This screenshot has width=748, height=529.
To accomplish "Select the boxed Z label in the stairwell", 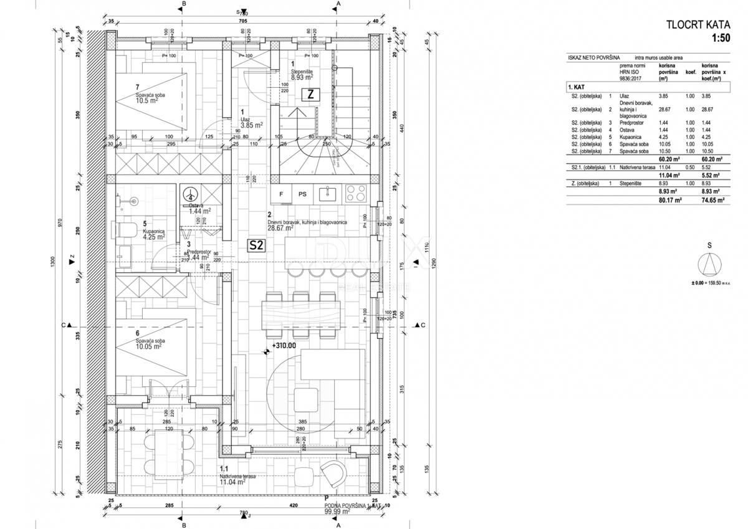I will (x=310, y=95).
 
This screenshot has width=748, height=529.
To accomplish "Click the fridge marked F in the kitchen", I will (x=281, y=194).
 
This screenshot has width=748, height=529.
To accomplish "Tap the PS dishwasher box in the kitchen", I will (x=302, y=194).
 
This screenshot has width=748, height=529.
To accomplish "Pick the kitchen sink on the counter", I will (x=328, y=194).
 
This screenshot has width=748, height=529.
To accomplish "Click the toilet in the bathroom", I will (x=127, y=231).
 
